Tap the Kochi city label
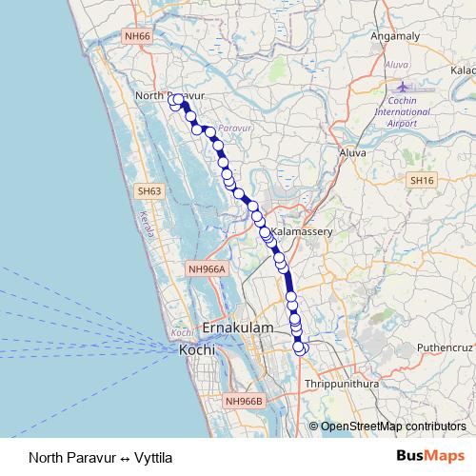pos(198,350)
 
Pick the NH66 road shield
pos(137,62)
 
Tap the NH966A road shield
pos(207,269)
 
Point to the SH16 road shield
pos(421,180)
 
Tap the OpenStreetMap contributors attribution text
pos(392,426)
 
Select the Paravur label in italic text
pos(234,126)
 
